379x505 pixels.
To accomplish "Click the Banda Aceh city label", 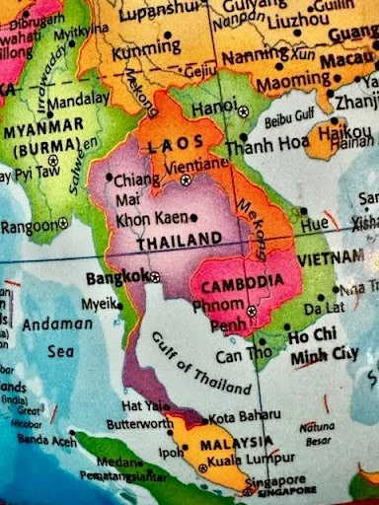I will pyautogui.click(x=39, y=438).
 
